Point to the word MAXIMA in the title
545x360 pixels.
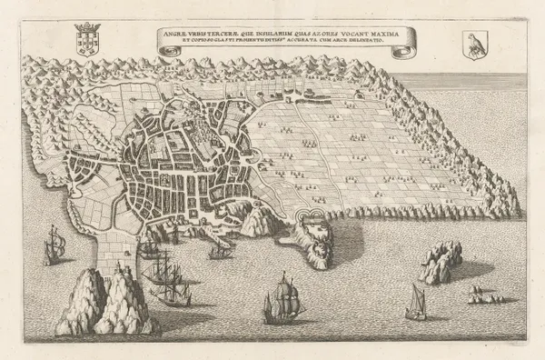click(372, 36)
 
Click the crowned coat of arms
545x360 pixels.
click(87, 41)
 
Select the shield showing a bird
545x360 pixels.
click(473, 43)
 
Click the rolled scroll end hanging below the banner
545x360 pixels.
click(398, 52)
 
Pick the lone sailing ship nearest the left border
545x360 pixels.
click(54, 244)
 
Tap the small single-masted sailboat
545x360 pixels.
click(417, 300)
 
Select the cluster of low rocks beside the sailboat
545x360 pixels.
click(481, 295)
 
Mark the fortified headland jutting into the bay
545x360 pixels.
click(317, 235)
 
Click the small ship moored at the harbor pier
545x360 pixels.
click(219, 251)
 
